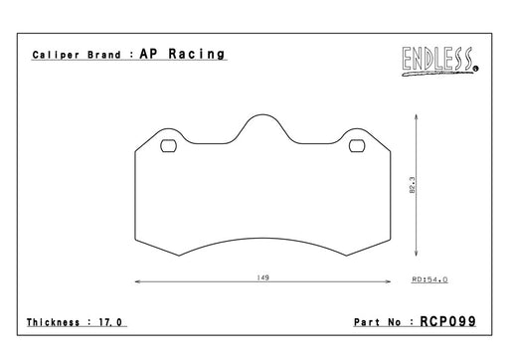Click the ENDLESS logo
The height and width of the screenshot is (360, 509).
click(440, 62)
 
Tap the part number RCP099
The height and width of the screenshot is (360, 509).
click(448, 321)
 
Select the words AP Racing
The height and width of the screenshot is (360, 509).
click(182, 54)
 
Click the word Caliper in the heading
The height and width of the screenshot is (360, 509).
click(56, 55)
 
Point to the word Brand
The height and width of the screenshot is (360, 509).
click(104, 55)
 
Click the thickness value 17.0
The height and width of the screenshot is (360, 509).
click(110, 322)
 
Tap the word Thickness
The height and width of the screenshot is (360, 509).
click(53, 322)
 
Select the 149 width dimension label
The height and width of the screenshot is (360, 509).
click(262, 277)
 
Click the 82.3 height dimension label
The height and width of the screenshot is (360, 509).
click(412, 185)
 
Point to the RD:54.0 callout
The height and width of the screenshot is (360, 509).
click(429, 279)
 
